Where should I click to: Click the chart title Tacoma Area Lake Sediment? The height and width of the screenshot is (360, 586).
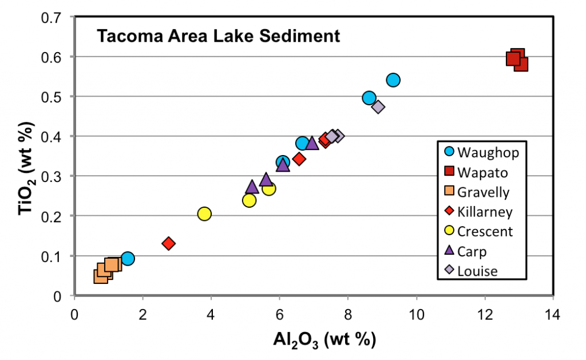coord(218,37)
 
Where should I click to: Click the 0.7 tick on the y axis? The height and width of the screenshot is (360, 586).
coord(53,17)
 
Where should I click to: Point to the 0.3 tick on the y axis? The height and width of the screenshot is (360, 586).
coord(53,176)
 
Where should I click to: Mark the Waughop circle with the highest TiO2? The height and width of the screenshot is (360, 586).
coord(393,80)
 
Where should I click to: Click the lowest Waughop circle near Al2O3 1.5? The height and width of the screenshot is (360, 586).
coord(128,259)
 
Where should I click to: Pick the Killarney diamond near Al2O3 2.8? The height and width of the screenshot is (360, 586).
coord(168,243)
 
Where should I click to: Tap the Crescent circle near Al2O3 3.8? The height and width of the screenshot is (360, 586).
coord(204,213)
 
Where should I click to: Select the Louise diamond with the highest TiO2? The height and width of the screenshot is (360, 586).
coord(378,106)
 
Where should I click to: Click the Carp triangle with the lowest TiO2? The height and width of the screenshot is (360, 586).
coord(252,187)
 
